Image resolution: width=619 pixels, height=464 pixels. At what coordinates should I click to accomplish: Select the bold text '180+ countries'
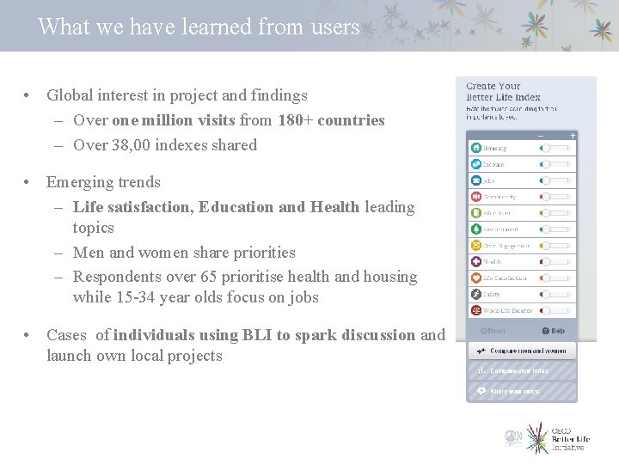(x=331, y=120)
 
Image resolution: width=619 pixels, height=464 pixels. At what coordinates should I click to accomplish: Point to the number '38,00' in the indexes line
(x=132, y=145)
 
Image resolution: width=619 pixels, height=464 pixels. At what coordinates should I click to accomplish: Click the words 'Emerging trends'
(x=103, y=182)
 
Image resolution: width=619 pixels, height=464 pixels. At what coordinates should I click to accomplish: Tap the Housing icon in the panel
(x=475, y=148)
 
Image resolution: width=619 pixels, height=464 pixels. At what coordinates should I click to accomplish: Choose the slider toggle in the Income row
(x=555, y=164)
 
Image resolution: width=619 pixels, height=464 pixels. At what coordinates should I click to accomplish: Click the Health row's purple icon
(x=475, y=262)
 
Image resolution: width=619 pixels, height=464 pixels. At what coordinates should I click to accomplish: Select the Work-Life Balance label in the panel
(x=507, y=310)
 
